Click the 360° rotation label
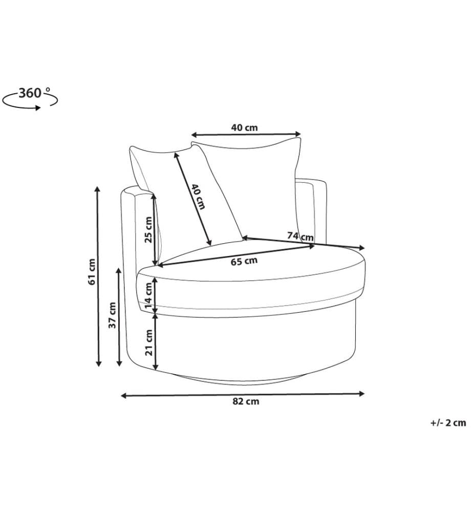(x=34, y=93)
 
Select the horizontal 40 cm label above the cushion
(x=245, y=127)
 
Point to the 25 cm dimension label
(x=148, y=229)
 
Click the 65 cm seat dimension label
(x=244, y=261)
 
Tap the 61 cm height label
(x=92, y=272)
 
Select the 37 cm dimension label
(x=112, y=315)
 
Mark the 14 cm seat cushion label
(x=148, y=295)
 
